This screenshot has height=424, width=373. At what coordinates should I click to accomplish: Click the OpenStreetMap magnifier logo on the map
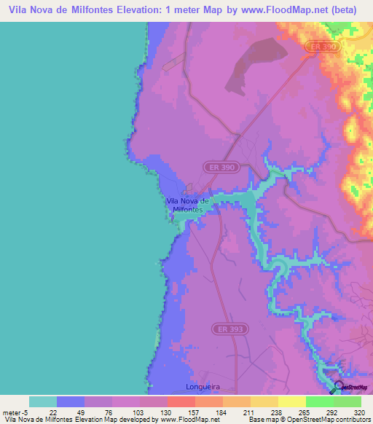(338, 387)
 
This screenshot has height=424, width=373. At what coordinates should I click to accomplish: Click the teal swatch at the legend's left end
(42, 401)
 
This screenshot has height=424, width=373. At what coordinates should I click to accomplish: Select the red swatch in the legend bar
(181, 401)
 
